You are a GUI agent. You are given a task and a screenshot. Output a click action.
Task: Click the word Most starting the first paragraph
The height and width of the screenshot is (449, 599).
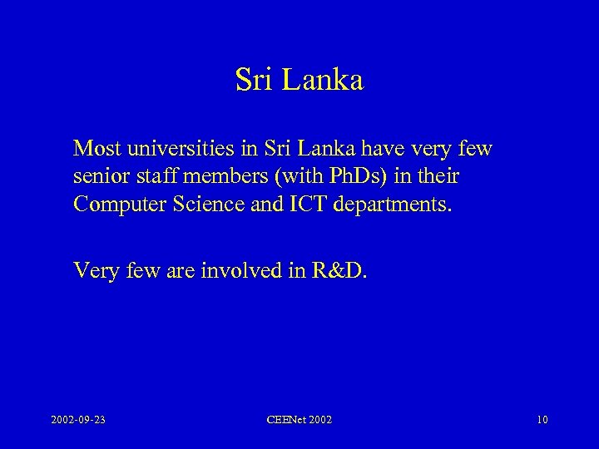(95, 149)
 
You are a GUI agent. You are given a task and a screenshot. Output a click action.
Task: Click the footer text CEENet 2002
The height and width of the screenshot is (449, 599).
(299, 421)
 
